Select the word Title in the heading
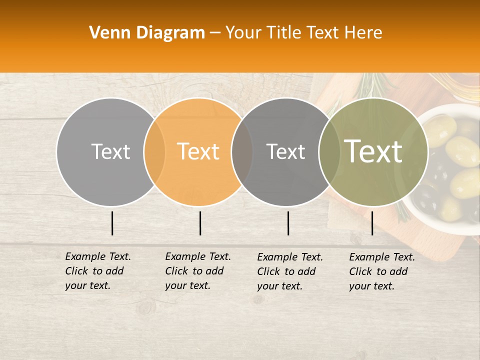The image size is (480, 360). pos(286,32)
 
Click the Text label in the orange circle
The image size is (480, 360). pos(198,151)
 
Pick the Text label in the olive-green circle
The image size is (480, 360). pos(373,151)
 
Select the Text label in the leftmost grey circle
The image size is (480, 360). pos(110,151)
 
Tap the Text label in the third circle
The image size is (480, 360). pos(285,151)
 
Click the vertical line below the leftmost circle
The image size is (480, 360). pos(112,223)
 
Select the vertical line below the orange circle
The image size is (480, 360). pos(200,223)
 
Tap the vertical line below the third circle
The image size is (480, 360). pos(288,223)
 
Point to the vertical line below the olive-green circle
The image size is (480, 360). pos(372,223)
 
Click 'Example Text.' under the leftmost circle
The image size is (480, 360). pos(98,256)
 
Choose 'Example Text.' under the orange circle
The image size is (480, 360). pos(198,256)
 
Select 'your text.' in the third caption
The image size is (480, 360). pos(280,286)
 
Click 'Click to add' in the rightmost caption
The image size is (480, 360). pos(378,271)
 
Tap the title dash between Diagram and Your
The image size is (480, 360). pos(215,32)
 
